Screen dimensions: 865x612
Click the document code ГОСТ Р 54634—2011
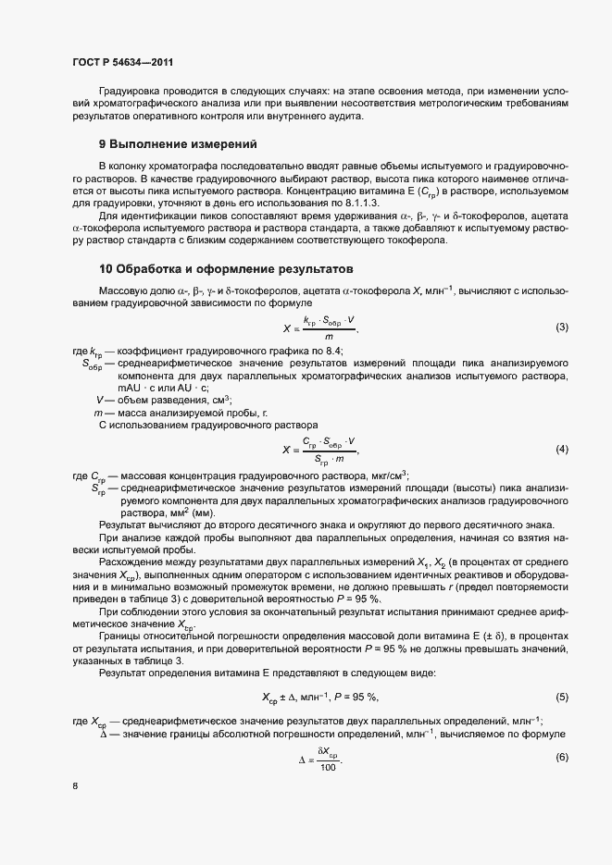point(122,61)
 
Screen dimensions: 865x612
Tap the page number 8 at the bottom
point(74,786)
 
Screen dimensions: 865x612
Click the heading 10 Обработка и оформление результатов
point(226,270)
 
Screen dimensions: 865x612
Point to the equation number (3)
point(561,327)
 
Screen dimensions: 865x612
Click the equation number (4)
point(561,449)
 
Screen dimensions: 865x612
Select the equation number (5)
point(561,696)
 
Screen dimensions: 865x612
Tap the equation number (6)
point(561,757)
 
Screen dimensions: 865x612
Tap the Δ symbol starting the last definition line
point(103,733)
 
